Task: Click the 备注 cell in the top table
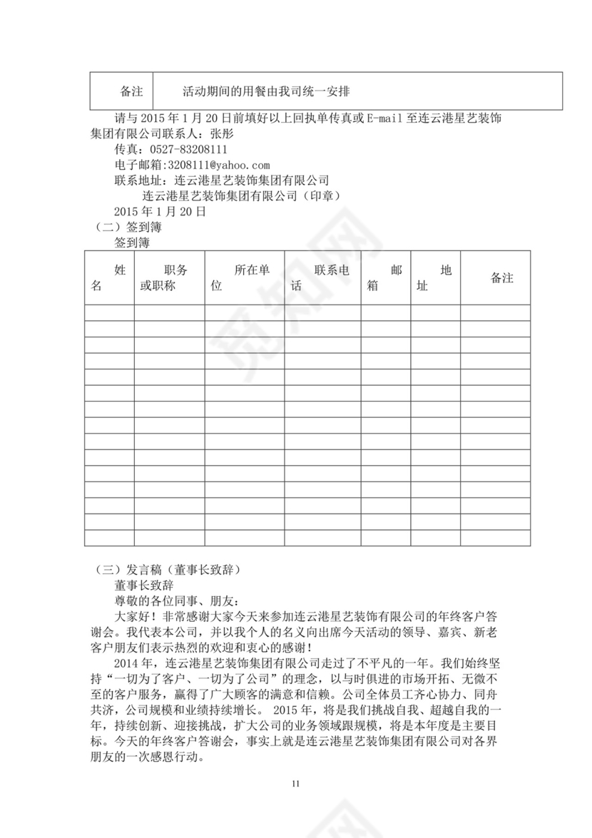[131, 92]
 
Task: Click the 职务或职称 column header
[168, 278]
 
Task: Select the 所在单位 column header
[244, 278]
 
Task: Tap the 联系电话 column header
[322, 278]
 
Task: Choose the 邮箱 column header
[385, 278]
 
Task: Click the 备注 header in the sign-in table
[501, 278]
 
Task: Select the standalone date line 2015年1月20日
[160, 212]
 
